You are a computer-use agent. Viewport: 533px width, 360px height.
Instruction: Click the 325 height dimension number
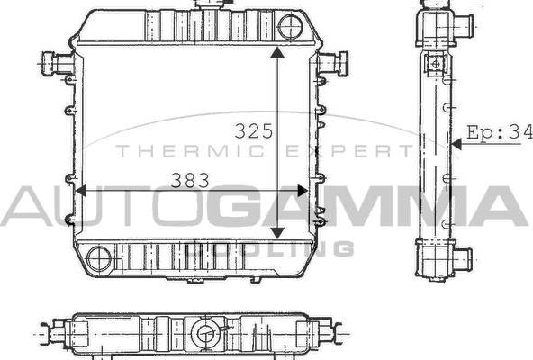253,130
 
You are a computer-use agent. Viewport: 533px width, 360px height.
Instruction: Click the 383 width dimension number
191,180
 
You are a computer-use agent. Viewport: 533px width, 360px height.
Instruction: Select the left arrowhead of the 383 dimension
81,191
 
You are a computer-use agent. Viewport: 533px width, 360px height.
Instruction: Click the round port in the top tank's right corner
291,27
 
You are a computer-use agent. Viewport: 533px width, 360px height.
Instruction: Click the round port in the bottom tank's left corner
100,259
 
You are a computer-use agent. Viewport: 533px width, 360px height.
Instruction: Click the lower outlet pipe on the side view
461,261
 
